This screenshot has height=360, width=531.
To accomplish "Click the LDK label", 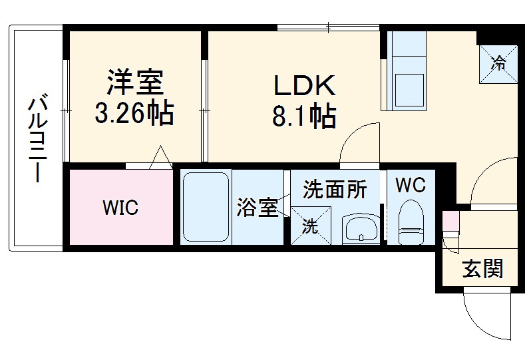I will (303, 87).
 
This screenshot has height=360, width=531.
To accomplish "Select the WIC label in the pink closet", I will (120, 208).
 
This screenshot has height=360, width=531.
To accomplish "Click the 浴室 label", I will (257, 208).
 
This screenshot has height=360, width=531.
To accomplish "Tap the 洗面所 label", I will (335, 190).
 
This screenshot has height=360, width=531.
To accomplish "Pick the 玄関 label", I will (482, 270).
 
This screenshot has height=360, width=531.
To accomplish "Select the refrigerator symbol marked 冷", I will (497, 63).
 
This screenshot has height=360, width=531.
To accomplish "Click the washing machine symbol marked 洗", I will (310, 225).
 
